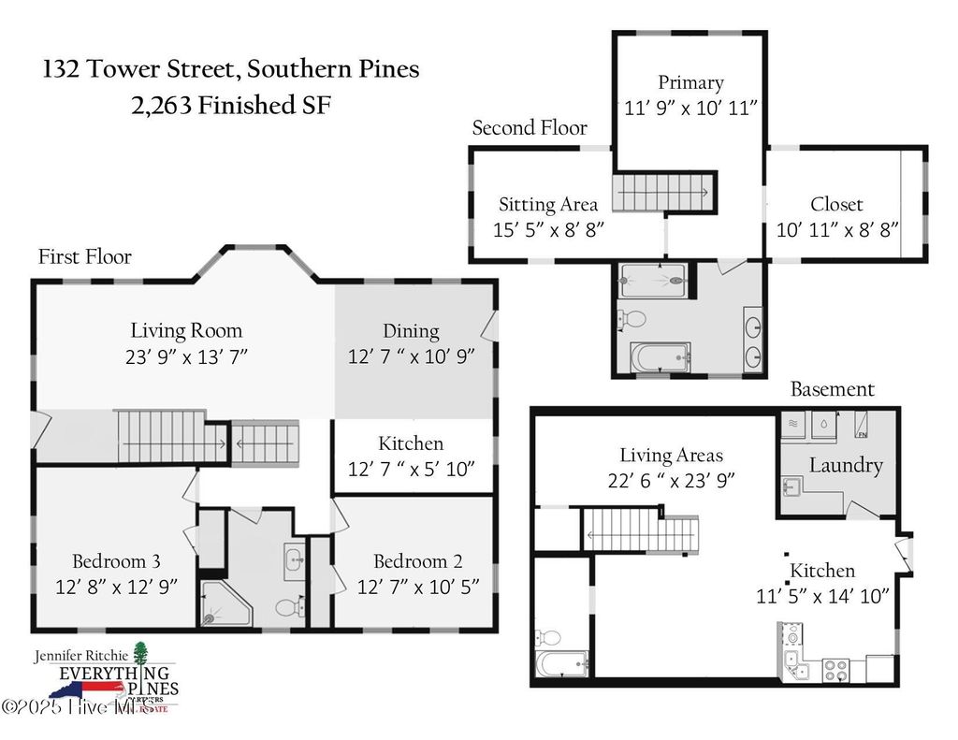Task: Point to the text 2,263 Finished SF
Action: (x=231, y=105)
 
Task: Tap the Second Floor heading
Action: (x=530, y=128)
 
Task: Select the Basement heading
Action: (x=833, y=389)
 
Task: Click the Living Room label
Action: (x=186, y=330)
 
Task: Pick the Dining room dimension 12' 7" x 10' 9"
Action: (x=412, y=355)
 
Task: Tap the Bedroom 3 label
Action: (x=117, y=561)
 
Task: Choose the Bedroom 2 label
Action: (x=417, y=561)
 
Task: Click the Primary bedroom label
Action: (x=690, y=82)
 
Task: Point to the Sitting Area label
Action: (x=548, y=204)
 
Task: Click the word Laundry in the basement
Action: (x=846, y=465)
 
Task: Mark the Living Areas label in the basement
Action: (x=671, y=456)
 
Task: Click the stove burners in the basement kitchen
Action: (x=835, y=670)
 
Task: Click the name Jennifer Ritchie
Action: (x=79, y=654)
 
